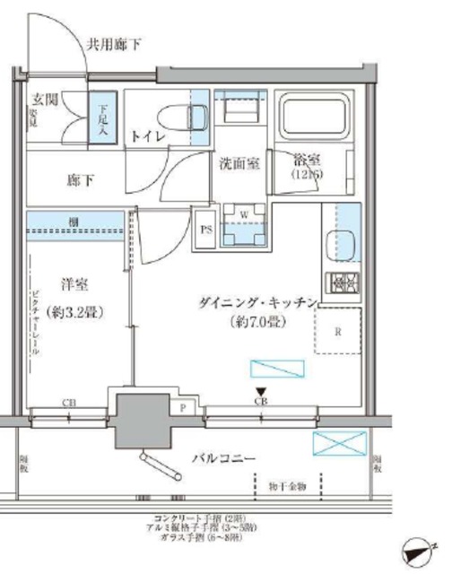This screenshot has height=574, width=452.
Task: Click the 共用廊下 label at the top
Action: (x=115, y=43)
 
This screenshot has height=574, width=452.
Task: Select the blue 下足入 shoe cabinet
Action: (x=105, y=117)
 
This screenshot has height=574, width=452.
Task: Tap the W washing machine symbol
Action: (x=240, y=219)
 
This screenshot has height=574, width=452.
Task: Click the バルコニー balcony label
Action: (x=224, y=458)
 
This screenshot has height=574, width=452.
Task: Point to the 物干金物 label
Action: (x=287, y=487)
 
